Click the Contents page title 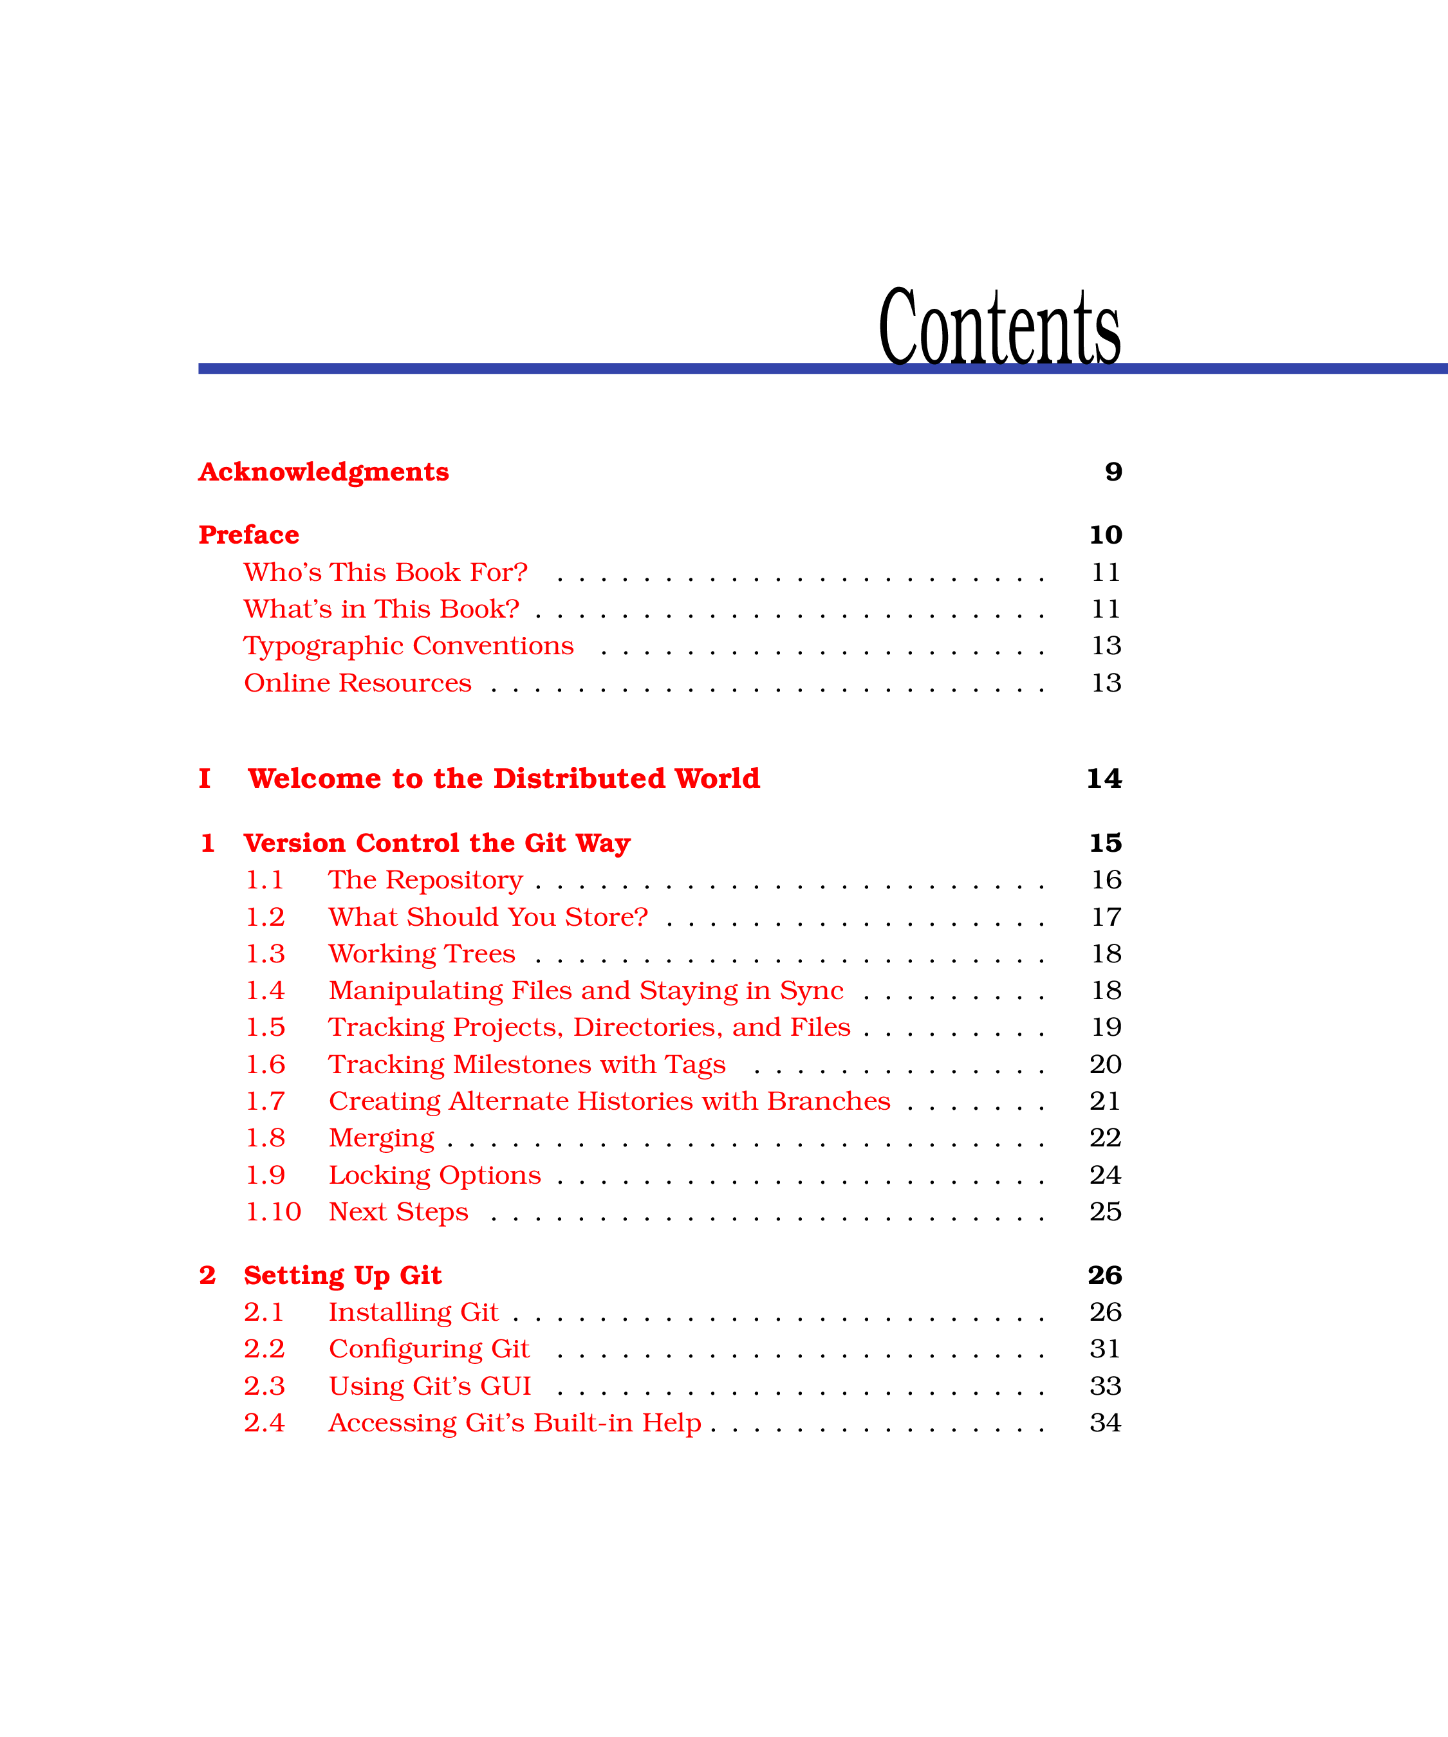pyautogui.click(x=999, y=326)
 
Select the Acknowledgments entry pyautogui.click(x=324, y=472)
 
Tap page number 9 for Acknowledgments pyautogui.click(x=1114, y=472)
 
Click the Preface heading pyautogui.click(x=249, y=535)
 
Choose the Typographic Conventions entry pyautogui.click(x=409, y=646)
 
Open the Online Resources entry pyautogui.click(x=357, y=683)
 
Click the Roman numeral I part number pyautogui.click(x=205, y=778)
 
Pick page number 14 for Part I pyautogui.click(x=1104, y=778)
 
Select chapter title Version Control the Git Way pyautogui.click(x=437, y=843)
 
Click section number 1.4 pyautogui.click(x=266, y=990)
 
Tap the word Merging pyautogui.click(x=382, y=1138)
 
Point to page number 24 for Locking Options pyautogui.click(x=1106, y=1175)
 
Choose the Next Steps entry pyautogui.click(x=399, y=1213)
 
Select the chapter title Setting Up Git pyautogui.click(x=342, y=1276)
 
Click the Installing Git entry pyautogui.click(x=414, y=1312)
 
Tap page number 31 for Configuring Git pyautogui.click(x=1106, y=1349)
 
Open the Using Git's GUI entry pyautogui.click(x=431, y=1386)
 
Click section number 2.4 pyautogui.click(x=264, y=1422)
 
